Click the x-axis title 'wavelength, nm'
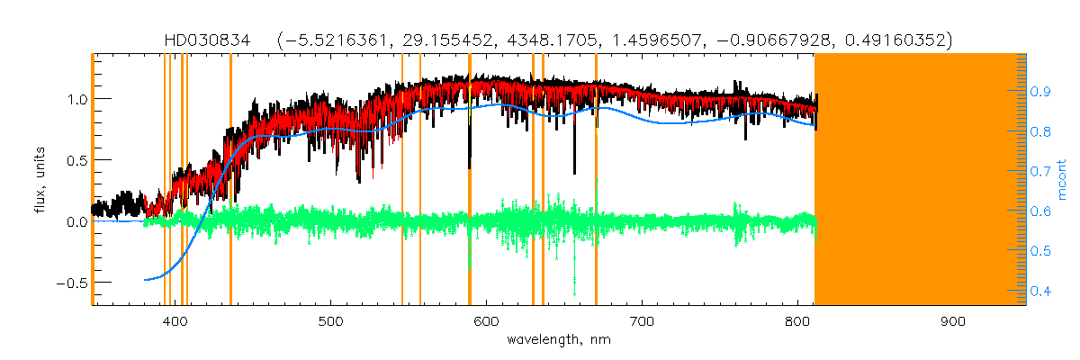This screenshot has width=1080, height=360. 558,341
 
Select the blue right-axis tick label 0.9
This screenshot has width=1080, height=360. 1041,91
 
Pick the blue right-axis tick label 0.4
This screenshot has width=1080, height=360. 1041,291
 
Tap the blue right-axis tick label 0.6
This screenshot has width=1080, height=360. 1041,211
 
